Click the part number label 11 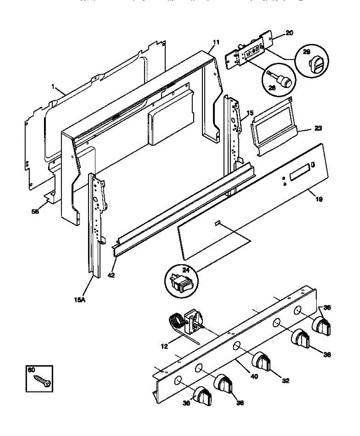(216, 42)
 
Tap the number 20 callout (289, 33)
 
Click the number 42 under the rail (111, 275)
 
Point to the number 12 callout (164, 347)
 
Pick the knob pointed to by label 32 (261, 361)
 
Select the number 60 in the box (31, 370)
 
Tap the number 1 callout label (53, 87)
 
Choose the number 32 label (285, 381)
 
